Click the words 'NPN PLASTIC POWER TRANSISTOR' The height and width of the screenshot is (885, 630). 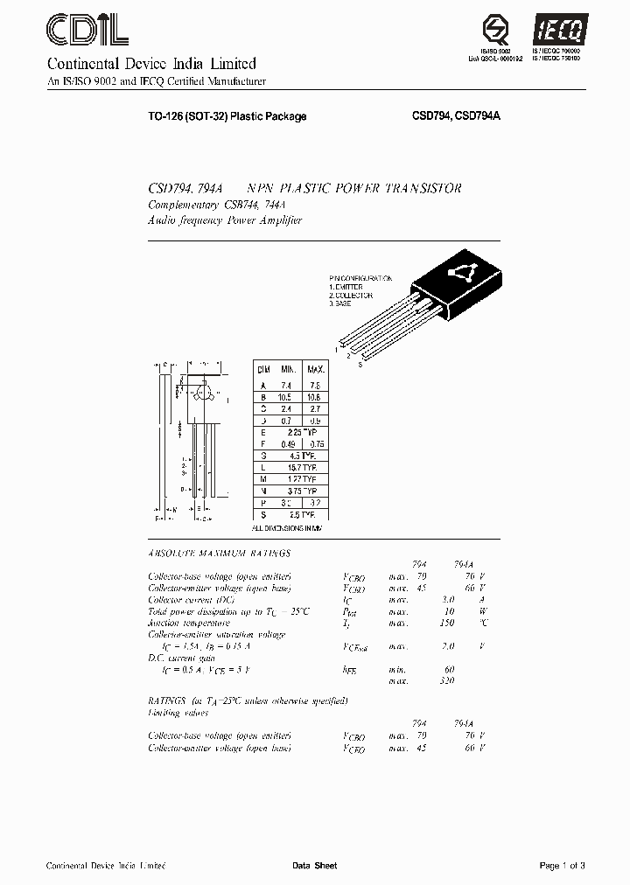[354, 189]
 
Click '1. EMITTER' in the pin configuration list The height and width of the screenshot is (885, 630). [346, 287]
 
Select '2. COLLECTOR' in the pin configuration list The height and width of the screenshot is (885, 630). [351, 295]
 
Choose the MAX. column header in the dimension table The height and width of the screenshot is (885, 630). [315, 371]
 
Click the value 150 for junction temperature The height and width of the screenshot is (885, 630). [446, 623]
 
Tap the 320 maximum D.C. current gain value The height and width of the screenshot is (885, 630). [446, 679]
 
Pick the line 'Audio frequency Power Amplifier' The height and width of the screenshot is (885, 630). [225, 220]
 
